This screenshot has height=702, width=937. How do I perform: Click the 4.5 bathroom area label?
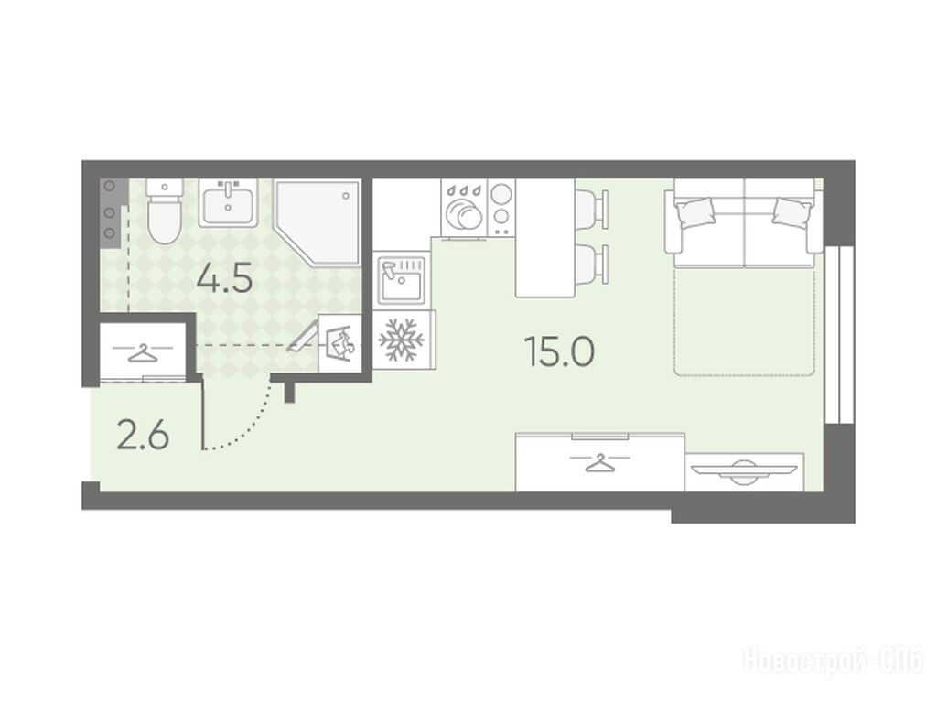point(225,278)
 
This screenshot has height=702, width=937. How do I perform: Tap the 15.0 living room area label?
point(559,351)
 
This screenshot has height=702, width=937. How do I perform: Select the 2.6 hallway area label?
point(144,436)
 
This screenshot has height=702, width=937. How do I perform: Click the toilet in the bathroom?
point(164,211)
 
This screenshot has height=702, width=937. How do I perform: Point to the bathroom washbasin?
point(228,202)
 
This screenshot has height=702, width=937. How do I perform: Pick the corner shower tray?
point(318,222)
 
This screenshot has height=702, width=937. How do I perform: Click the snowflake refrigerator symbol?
point(402,340)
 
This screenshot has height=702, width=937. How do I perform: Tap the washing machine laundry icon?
point(340,343)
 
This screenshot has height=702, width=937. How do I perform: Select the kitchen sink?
point(402,279)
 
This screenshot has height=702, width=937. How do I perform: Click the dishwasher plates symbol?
point(464,210)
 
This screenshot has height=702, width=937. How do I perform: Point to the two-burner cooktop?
point(501,207)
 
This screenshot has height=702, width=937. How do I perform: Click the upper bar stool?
point(592,209)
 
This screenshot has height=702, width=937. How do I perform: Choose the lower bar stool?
point(592,264)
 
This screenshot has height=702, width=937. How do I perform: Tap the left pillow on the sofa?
point(695,211)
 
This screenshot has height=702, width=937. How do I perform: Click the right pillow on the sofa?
point(792,211)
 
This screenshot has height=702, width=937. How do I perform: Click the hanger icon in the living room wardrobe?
point(599,462)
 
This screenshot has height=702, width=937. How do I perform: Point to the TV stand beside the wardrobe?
point(744,471)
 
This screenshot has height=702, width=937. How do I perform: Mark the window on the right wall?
point(838,336)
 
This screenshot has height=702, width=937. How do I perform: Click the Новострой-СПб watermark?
point(833,662)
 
